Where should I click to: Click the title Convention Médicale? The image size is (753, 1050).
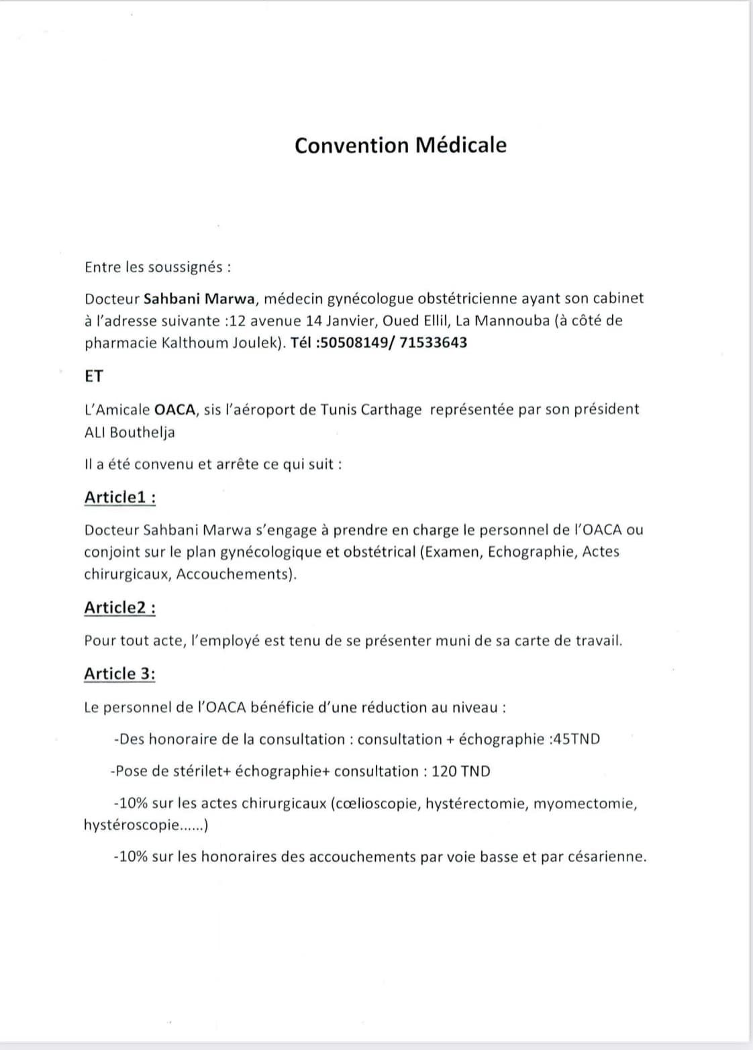click(x=401, y=146)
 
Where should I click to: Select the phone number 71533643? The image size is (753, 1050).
click(x=433, y=343)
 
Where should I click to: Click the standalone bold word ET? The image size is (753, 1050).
click(x=94, y=376)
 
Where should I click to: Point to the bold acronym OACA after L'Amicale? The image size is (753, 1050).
click(x=174, y=409)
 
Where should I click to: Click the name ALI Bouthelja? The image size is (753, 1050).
click(x=130, y=432)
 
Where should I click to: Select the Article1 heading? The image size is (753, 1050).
click(x=120, y=498)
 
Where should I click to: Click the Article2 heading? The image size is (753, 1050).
click(x=120, y=608)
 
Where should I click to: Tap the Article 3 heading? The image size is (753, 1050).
click(x=119, y=674)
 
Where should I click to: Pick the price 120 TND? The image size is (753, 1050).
click(x=461, y=771)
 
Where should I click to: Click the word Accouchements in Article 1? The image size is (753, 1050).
click(x=235, y=574)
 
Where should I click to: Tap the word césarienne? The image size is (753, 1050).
click(x=607, y=857)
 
